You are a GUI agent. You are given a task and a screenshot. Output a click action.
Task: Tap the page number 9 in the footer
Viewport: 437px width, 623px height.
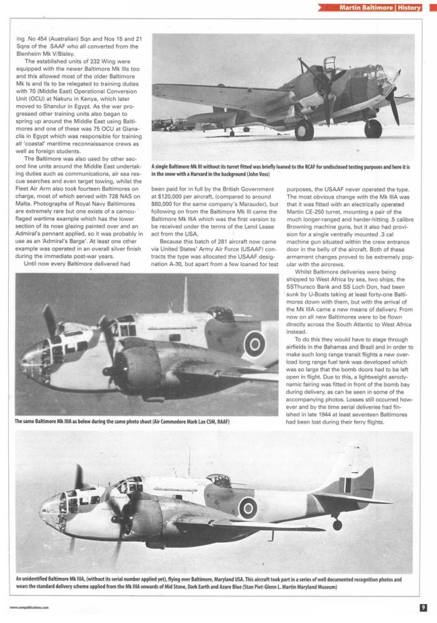pos(423,605)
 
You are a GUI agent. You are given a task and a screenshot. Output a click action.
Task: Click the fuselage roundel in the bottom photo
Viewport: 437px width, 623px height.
pos(247,507)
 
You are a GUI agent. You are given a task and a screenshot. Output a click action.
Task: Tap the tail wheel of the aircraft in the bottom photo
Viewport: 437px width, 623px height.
pos(336,525)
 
